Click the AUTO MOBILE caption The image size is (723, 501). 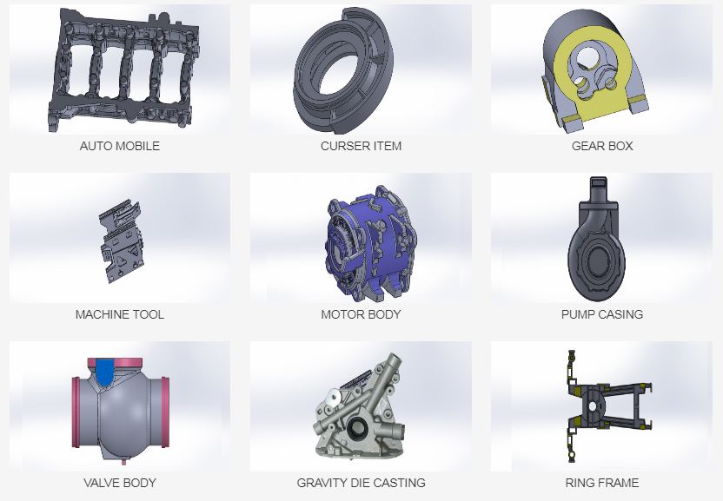pos(120,146)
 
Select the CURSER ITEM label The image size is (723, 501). pos(361,146)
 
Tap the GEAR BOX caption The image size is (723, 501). pos(602,146)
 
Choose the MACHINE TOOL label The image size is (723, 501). pos(120,314)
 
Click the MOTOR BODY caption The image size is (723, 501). pos(361,314)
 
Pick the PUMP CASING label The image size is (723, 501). pos(602,314)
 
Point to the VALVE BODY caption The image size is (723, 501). pos(120,483)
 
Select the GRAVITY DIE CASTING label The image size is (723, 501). pos(361,483)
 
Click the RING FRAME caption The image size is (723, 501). pos(602,483)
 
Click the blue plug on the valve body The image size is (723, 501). pos(106,372)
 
